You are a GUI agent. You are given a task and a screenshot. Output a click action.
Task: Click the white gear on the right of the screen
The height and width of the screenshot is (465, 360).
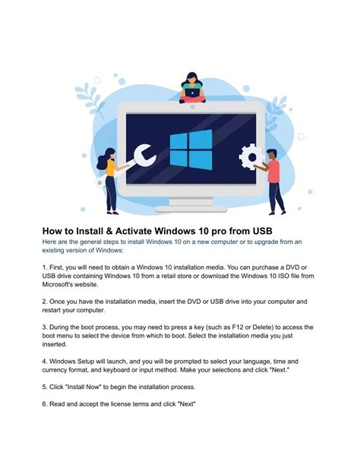click(x=250, y=158)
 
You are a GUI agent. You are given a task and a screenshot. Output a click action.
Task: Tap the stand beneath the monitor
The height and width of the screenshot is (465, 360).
click(x=190, y=201)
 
